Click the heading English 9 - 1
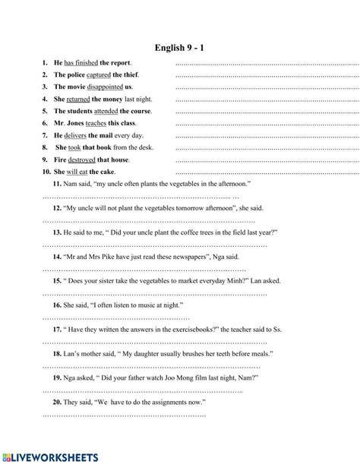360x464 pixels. point(180,46)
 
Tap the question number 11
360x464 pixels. point(58,185)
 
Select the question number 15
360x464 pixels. point(58,280)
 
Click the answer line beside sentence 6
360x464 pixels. point(266,124)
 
